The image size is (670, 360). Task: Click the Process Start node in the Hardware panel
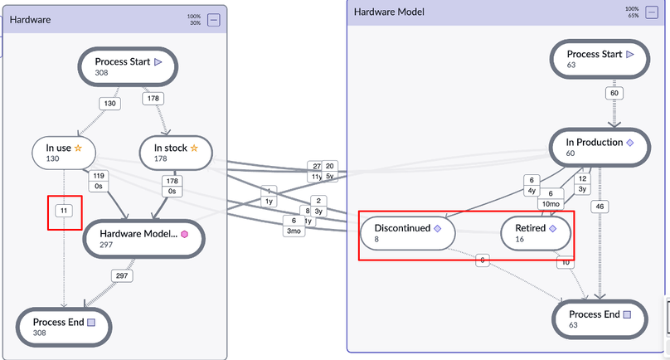[129, 66]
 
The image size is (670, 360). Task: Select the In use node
[65, 153]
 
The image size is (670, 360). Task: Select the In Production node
[594, 148]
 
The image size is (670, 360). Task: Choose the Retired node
[536, 233]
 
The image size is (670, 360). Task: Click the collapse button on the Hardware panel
[213, 20]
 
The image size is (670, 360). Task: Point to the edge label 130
[109, 104]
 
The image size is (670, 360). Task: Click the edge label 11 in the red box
[64, 212]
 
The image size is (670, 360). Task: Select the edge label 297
[122, 275]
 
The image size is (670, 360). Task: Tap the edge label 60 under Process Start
[614, 93]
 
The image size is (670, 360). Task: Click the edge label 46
[600, 205]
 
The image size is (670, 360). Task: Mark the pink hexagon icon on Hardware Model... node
[185, 234]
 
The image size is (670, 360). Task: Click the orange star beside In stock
[194, 148]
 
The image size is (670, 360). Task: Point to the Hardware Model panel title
[389, 12]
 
